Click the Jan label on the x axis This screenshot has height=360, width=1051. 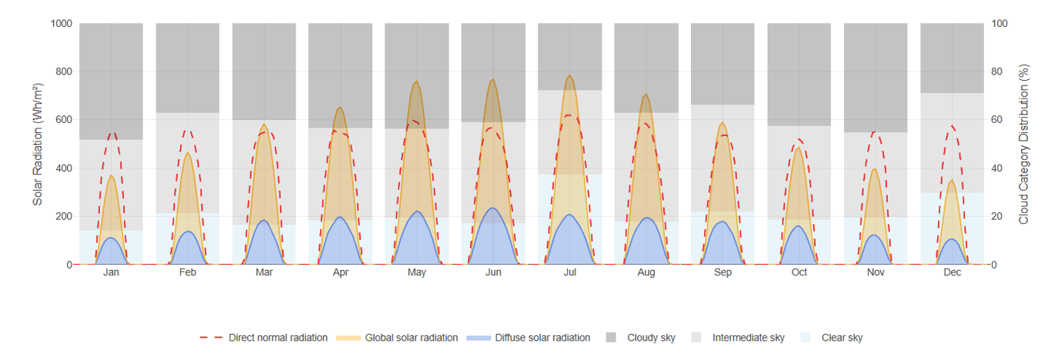[x=111, y=272]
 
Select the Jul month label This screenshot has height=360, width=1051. [x=570, y=272]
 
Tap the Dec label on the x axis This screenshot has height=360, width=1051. [x=952, y=272]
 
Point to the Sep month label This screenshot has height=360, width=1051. [x=722, y=272]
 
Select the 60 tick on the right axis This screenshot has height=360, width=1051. [x=999, y=120]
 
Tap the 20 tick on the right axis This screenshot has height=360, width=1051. [x=999, y=216]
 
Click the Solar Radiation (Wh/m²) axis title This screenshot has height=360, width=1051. [x=38, y=144]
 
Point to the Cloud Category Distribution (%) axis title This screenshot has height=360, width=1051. [x=1023, y=144]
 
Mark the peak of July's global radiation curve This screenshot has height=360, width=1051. [x=570, y=75]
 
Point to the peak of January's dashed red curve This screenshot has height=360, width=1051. [x=112, y=133]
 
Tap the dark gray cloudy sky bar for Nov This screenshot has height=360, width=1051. [x=876, y=77]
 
